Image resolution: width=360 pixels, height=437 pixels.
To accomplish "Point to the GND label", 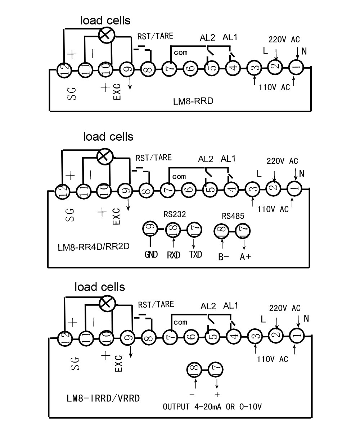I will (x=151, y=255).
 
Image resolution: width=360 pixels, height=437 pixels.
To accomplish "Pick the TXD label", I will (x=195, y=255).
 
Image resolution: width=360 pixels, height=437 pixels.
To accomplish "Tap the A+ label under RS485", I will (x=246, y=257).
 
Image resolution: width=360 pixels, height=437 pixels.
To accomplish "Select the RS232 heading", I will (x=175, y=215).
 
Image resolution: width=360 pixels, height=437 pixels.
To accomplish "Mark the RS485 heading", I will (x=233, y=216).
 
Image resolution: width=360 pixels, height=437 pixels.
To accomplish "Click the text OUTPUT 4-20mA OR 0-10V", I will (x=212, y=407).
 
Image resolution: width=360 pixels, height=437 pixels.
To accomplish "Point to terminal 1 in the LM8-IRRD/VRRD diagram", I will (x=297, y=335).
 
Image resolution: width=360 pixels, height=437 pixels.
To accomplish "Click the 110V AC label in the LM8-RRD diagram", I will (x=274, y=87).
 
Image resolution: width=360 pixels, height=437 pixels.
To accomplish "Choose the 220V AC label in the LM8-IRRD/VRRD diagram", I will (x=284, y=308).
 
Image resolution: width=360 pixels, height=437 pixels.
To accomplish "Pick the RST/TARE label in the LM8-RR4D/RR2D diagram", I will (x=153, y=158).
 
